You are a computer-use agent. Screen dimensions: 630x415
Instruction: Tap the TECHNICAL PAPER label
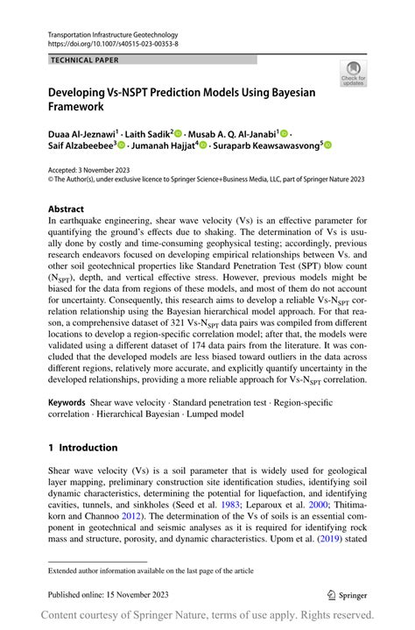click(x=86, y=60)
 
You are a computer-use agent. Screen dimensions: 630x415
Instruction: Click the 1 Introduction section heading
click(x=83, y=447)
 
